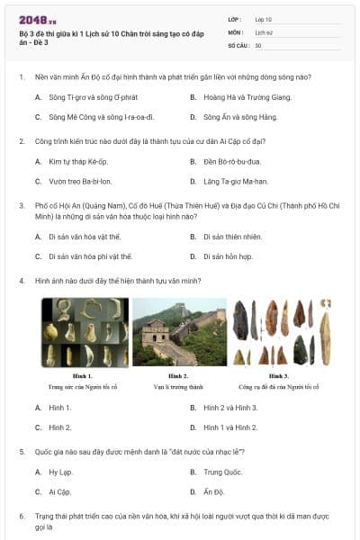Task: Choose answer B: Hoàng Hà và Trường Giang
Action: pos(241,97)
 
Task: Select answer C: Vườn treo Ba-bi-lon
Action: pos(81,181)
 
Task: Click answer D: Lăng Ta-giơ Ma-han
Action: pos(236,181)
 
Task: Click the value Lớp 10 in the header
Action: pos(262,19)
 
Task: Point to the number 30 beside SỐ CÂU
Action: pos(258,45)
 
